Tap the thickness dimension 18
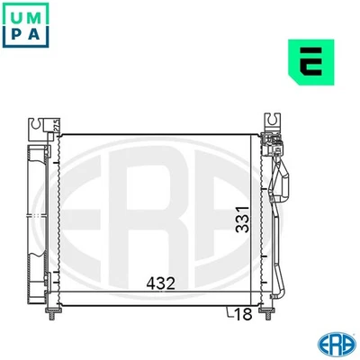click(x=241, y=313)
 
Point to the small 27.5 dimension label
click(x=55, y=126)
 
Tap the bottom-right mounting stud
click(x=268, y=312)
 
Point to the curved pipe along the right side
click(x=279, y=225)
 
